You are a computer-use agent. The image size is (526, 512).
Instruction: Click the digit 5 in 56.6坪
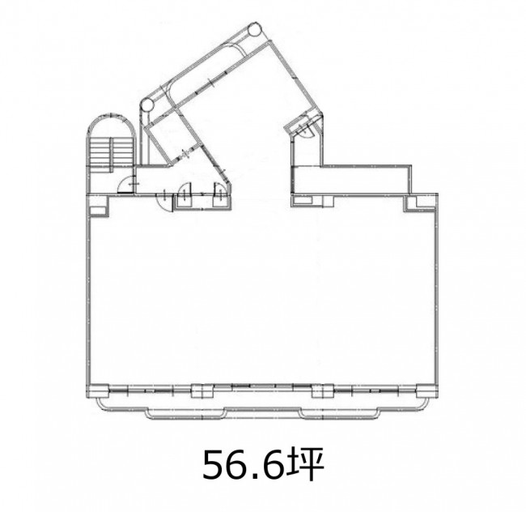pyautogui.click(x=214, y=465)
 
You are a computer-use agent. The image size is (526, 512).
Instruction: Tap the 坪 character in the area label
pyautogui.click(x=305, y=464)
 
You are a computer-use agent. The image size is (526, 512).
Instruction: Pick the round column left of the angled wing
pyautogui.click(x=146, y=105)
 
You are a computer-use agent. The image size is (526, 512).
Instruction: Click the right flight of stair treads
pyautogui.click(x=122, y=151)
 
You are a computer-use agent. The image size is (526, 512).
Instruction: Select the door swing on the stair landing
pyautogui.click(x=125, y=184)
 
